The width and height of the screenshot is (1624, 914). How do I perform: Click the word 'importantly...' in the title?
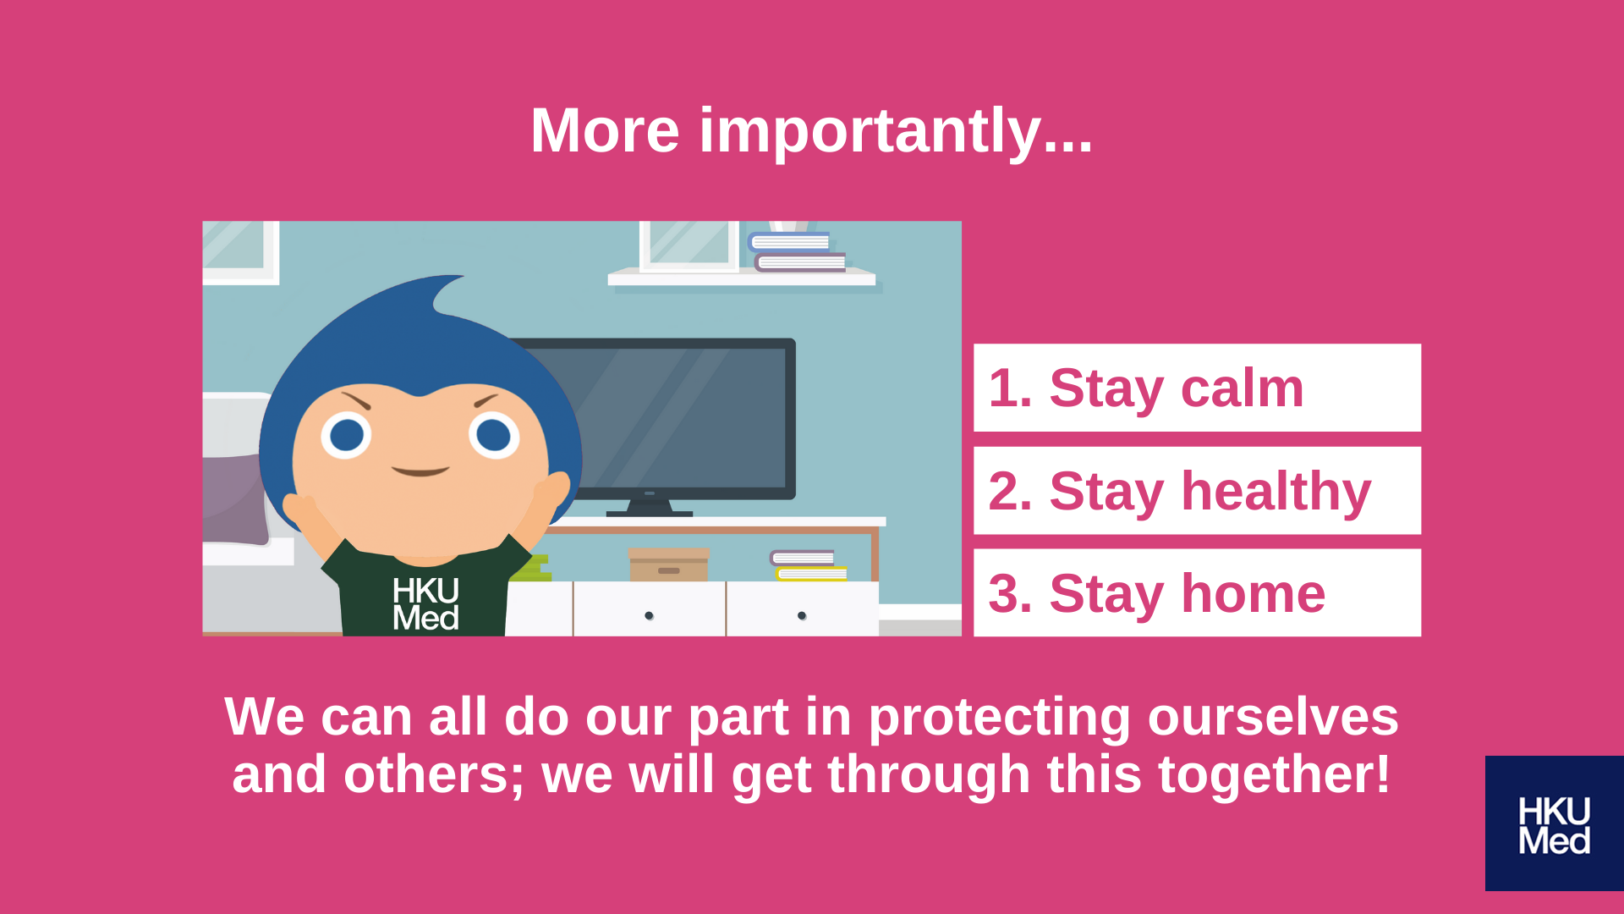click(896, 132)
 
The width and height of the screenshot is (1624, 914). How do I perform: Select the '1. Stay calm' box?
click(1197, 388)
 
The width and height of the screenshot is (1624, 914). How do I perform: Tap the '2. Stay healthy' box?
click(1197, 491)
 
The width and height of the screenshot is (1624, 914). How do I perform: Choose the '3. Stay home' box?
click(1197, 592)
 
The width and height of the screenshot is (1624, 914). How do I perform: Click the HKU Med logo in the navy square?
click(1554, 825)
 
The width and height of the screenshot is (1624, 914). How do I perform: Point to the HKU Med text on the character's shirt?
click(425, 604)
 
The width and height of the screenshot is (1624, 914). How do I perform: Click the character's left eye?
click(346, 436)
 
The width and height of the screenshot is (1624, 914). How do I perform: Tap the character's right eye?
click(494, 436)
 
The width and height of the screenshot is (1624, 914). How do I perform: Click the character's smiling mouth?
click(420, 471)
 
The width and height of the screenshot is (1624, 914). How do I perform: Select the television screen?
click(668, 419)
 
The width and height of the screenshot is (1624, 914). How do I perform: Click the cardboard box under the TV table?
click(669, 564)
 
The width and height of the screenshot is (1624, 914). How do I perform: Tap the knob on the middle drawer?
click(649, 615)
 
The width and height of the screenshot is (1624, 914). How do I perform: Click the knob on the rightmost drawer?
click(802, 615)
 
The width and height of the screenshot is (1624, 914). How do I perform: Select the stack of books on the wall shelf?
click(796, 252)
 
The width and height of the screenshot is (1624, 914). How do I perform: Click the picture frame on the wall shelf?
click(689, 246)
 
